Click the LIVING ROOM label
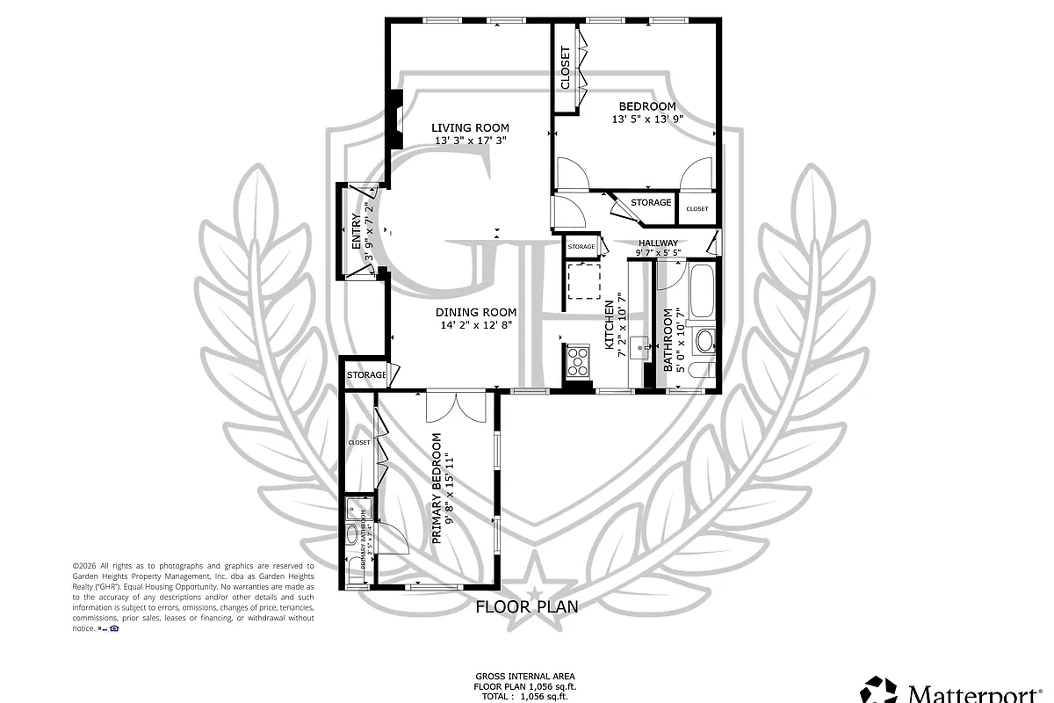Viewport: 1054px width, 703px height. (x=471, y=128)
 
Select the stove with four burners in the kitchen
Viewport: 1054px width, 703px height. (x=578, y=359)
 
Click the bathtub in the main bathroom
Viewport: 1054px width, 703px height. (x=701, y=291)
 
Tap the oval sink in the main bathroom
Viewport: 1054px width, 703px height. (x=704, y=340)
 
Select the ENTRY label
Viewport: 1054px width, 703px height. (x=356, y=233)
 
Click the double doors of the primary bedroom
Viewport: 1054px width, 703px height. (x=456, y=409)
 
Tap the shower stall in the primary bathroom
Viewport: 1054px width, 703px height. (x=357, y=509)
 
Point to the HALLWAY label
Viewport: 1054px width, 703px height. (x=658, y=243)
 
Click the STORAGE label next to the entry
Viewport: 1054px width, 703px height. (x=365, y=375)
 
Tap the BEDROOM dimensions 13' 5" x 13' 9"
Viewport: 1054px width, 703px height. (x=647, y=119)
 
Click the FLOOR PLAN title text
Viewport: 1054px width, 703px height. (x=526, y=605)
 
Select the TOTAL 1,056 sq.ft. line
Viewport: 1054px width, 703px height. (x=525, y=695)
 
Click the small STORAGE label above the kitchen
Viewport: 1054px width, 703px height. (x=581, y=247)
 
